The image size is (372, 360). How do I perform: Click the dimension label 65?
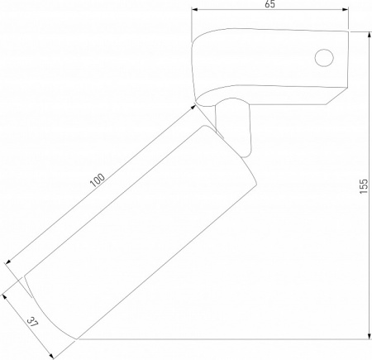[x=270, y=4]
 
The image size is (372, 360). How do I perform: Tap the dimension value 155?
[x=364, y=186]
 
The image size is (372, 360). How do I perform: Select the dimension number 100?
[x=98, y=180]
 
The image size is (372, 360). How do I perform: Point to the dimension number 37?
[x=33, y=322]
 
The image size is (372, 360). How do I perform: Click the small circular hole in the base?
[x=324, y=58]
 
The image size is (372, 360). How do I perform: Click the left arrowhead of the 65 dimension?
[x=195, y=9]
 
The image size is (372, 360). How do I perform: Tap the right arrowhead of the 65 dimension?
[x=346, y=9]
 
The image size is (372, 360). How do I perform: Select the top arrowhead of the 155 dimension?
[x=370, y=35]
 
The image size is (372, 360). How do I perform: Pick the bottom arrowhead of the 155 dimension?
[x=370, y=336]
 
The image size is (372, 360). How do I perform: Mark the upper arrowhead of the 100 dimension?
[x=193, y=107]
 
